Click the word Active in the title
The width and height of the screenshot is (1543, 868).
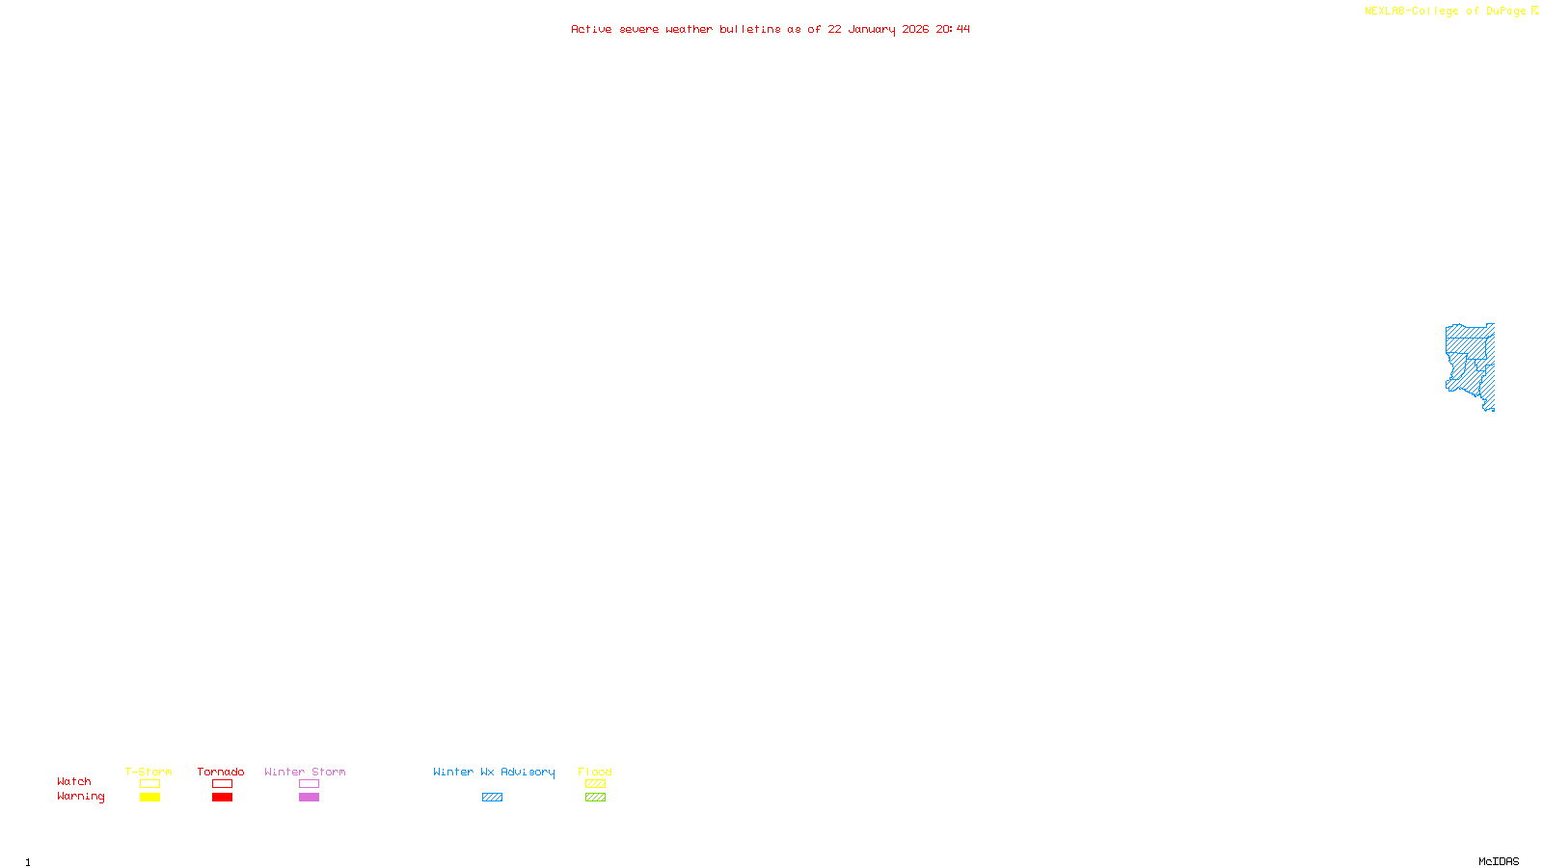591,29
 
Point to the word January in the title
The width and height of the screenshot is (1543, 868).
871,29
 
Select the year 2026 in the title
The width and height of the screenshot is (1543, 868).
915,29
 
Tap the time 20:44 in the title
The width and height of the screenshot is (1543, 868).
953,29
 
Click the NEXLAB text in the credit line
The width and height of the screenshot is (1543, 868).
1385,11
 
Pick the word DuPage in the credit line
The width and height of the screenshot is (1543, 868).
1505,11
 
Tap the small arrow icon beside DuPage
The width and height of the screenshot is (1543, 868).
1534,11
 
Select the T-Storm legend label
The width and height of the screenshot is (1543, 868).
149,772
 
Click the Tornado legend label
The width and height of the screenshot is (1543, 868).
221,772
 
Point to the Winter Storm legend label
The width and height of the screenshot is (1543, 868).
305,772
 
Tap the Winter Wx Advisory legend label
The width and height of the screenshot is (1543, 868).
494,772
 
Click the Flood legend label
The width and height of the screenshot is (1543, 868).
595,772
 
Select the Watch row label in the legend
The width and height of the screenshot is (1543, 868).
74,781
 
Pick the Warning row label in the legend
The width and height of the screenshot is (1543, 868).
80,797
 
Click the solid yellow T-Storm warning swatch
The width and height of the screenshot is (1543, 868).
149,798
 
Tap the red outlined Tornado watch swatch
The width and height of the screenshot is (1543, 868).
222,784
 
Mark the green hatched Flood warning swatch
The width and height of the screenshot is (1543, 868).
595,798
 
